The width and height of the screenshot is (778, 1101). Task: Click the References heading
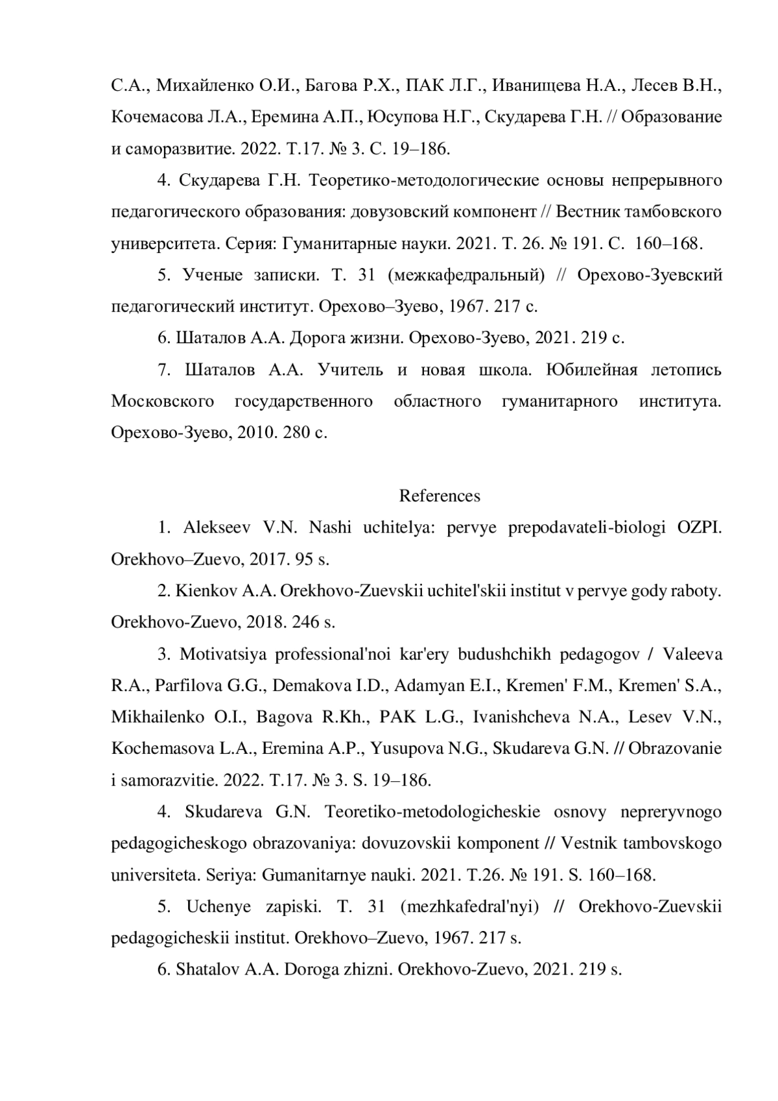click(x=440, y=496)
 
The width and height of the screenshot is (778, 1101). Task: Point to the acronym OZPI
click(x=700, y=527)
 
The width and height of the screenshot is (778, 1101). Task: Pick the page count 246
click(x=306, y=622)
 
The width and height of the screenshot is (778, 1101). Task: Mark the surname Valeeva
click(x=692, y=654)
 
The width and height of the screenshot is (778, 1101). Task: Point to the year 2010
click(x=255, y=433)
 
